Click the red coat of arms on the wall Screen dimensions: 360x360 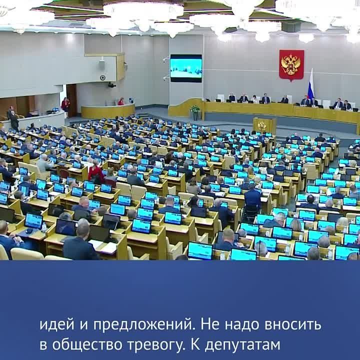291,65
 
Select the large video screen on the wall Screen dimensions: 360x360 185,68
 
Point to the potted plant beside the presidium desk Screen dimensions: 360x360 194,111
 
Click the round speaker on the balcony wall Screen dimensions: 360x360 102,77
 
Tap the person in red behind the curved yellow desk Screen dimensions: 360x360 120,102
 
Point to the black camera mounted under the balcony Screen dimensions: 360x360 112,85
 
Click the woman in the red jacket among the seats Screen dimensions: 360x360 95,172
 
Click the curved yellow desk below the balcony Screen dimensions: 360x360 107,111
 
